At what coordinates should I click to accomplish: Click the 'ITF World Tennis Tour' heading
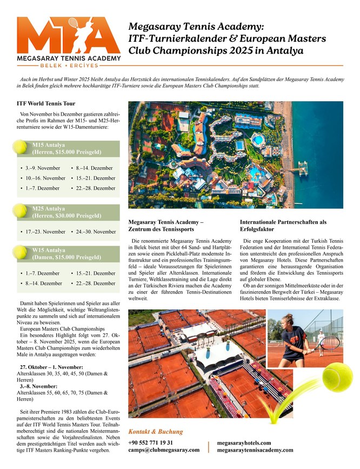pyautogui.click(x=46, y=103)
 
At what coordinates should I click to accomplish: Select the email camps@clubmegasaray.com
pyautogui.click(x=164, y=450)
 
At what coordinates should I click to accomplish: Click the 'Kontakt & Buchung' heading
pyautogui.click(x=155, y=432)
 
